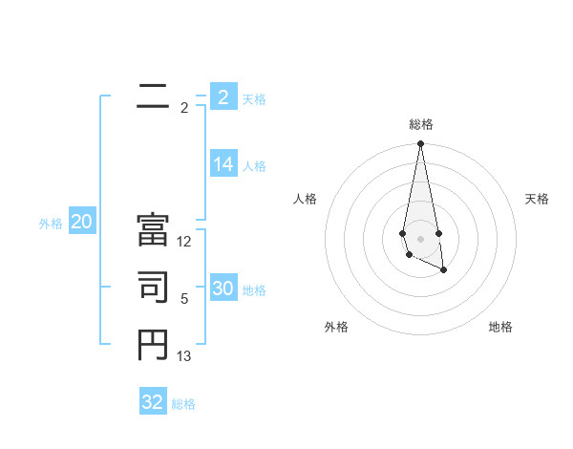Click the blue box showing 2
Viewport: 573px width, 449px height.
click(x=223, y=97)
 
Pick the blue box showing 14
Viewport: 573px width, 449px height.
click(x=223, y=164)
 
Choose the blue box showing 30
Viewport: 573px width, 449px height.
click(x=223, y=289)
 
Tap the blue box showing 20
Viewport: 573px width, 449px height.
click(x=81, y=223)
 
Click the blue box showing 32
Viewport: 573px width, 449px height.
click(x=153, y=402)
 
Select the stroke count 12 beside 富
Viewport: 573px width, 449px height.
click(x=184, y=243)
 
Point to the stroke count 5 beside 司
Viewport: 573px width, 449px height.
click(x=184, y=299)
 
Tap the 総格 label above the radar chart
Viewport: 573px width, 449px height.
click(x=421, y=124)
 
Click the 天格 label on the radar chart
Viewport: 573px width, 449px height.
click(x=538, y=199)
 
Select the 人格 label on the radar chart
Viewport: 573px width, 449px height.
click(x=305, y=199)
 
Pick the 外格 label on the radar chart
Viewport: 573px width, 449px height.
click(x=336, y=327)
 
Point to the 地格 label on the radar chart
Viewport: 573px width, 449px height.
click(x=500, y=327)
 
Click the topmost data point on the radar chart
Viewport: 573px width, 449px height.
click(x=420, y=144)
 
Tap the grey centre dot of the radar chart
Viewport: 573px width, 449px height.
click(x=420, y=237)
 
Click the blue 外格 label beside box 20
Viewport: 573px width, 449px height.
click(x=51, y=224)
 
